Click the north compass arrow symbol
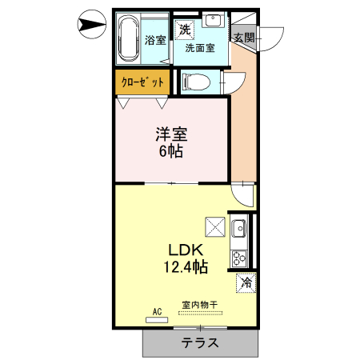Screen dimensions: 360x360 (x=91, y=26)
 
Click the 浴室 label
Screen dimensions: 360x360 (x=155, y=41)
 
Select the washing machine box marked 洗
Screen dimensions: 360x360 (x=185, y=30)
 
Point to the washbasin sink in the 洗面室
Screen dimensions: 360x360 (x=214, y=22)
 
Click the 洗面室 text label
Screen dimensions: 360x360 (x=200, y=48)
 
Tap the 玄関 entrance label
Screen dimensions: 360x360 (x=244, y=37)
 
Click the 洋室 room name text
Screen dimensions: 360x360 (x=171, y=133)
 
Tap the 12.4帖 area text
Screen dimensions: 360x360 (x=187, y=266)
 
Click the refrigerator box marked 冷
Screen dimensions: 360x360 (x=246, y=282)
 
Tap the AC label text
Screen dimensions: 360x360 (x=157, y=311)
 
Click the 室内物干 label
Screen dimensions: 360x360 (x=200, y=305)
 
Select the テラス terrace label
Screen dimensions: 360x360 (x=200, y=343)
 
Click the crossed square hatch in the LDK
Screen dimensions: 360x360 (x=215, y=227)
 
